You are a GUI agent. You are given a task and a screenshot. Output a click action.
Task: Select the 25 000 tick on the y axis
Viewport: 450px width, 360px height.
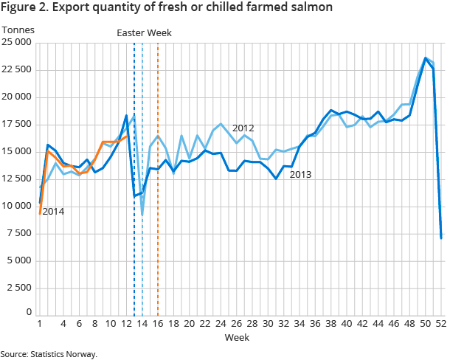pyautogui.click(x=16, y=43)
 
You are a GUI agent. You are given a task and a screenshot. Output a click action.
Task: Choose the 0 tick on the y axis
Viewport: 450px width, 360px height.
pyautogui.click(x=28, y=313)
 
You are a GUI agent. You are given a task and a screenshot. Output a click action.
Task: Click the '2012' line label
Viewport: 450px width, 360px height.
pyautogui.click(x=243, y=128)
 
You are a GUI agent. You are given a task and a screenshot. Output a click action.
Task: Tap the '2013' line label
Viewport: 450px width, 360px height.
pyautogui.click(x=301, y=175)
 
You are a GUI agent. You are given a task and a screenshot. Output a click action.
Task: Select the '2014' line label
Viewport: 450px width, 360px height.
pyautogui.click(x=53, y=212)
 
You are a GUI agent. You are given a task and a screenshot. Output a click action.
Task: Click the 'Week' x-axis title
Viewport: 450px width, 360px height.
pyautogui.click(x=238, y=337)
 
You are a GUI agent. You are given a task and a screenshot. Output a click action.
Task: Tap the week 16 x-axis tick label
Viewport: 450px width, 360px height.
pyautogui.click(x=159, y=323)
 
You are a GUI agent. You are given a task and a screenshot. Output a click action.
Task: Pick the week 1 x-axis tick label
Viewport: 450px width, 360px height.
pyautogui.click(x=39, y=323)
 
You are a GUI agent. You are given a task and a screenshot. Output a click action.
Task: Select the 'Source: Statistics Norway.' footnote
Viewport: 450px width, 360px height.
pyautogui.click(x=49, y=354)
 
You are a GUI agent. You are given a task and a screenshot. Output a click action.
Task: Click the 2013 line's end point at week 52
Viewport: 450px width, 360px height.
pyautogui.click(x=441, y=238)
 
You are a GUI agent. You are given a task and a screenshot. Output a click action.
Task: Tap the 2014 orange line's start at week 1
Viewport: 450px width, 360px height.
pyautogui.click(x=39, y=214)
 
